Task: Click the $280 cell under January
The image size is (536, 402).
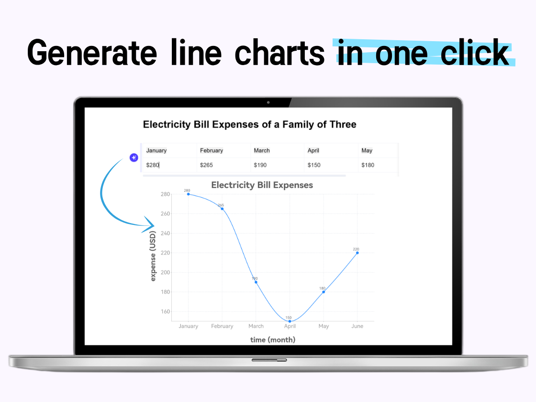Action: tap(153, 165)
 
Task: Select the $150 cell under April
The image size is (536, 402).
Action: tap(314, 165)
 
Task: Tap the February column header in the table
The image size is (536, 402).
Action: tap(211, 150)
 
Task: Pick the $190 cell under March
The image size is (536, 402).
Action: tap(260, 165)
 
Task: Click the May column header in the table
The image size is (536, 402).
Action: tap(367, 150)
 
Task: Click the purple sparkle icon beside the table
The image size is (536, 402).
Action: tap(134, 157)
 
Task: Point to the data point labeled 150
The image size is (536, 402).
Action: tap(290, 321)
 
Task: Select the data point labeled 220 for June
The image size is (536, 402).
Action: tap(357, 253)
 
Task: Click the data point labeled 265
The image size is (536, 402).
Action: tap(222, 209)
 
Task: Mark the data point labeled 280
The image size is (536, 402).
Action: tap(189, 194)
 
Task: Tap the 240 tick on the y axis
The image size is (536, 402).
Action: tap(165, 233)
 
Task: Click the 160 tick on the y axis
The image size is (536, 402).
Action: tap(165, 312)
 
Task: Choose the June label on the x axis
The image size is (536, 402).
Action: tap(357, 326)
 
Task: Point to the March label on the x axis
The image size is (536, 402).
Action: tap(256, 326)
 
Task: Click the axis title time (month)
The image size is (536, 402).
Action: tap(273, 340)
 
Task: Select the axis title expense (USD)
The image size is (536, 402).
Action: tap(153, 256)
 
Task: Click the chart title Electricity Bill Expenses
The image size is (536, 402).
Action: tap(262, 185)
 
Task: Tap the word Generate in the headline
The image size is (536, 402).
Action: tap(92, 53)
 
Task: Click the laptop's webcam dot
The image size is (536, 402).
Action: tap(268, 102)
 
